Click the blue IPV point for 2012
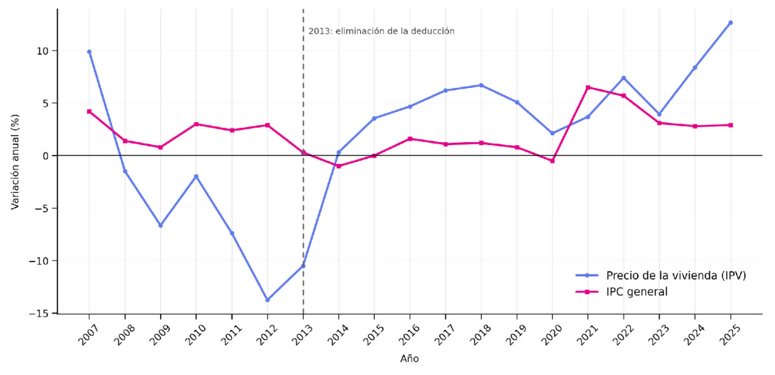[267, 300]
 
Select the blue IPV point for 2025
[731, 23]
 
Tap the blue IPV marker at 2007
[89, 52]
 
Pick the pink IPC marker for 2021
[588, 87]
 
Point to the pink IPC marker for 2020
[553, 161]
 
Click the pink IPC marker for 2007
[89, 112]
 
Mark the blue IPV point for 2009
[161, 225]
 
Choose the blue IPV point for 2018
[481, 85]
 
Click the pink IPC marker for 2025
[731, 125]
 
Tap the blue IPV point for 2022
[624, 78]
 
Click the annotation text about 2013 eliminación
[381, 31]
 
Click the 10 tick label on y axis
[42, 51]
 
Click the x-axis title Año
[409, 358]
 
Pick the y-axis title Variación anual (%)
[15, 162]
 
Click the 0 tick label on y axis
[45, 156]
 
